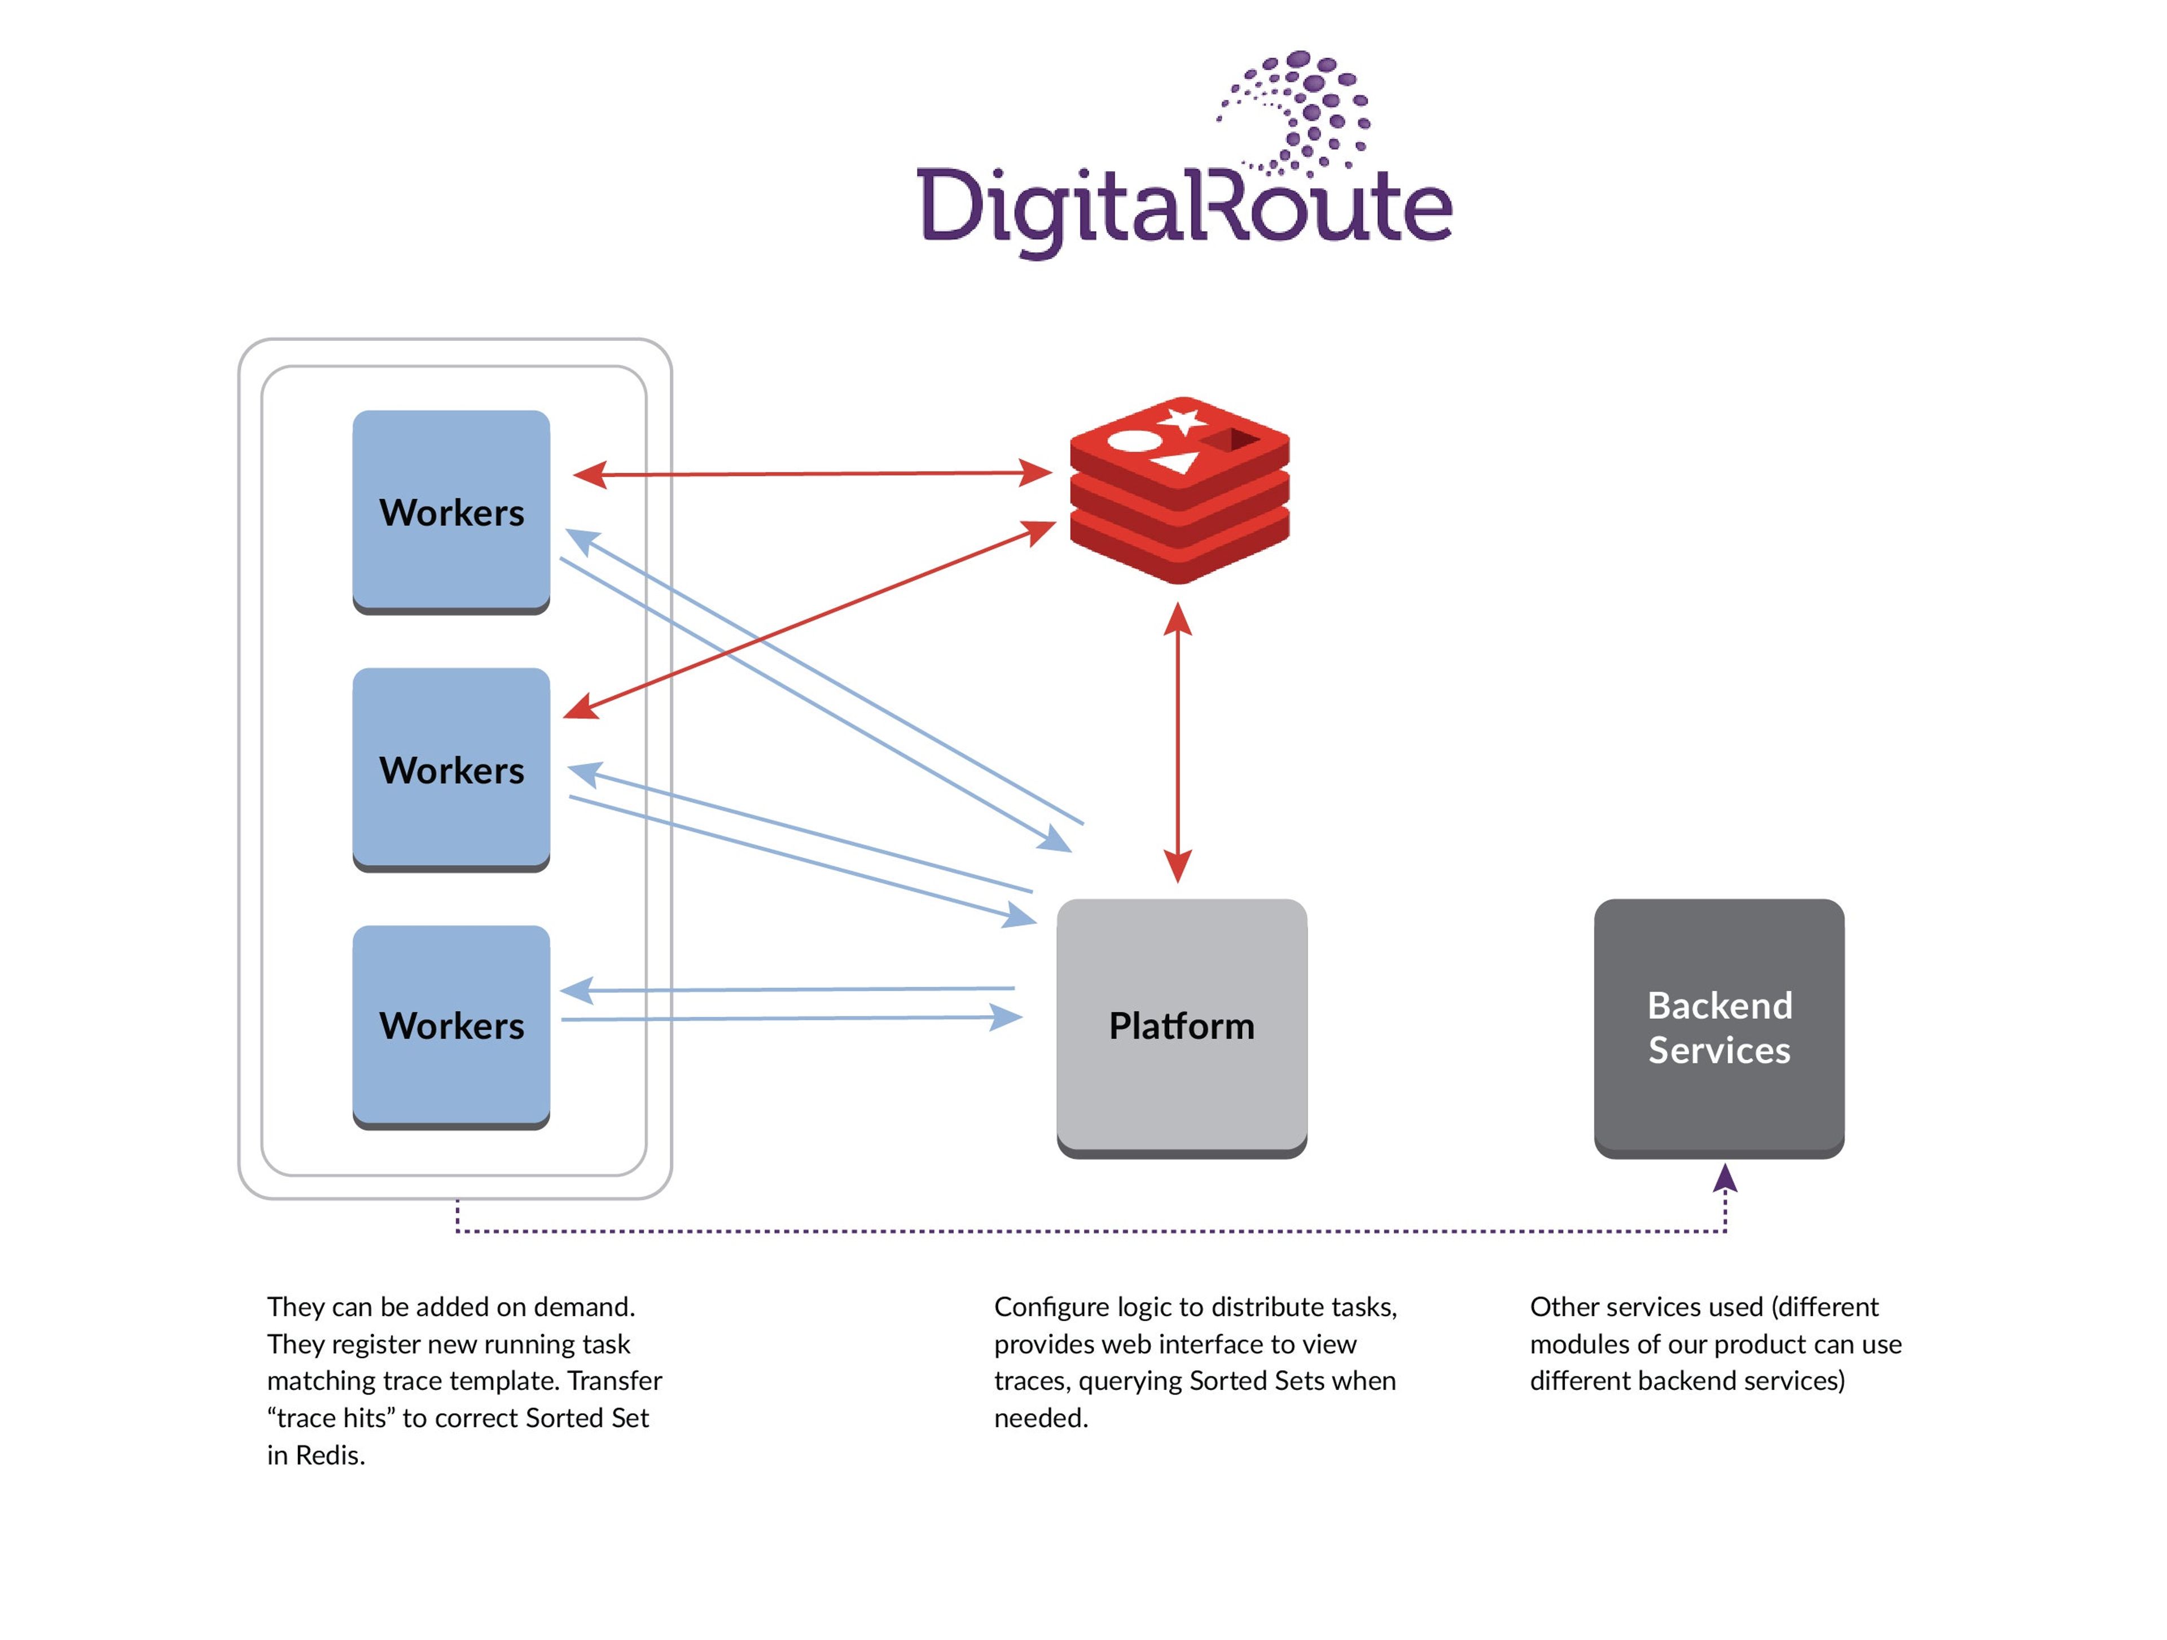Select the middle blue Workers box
(451, 769)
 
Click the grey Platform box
(1182, 1026)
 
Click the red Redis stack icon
(1179, 490)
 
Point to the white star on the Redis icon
(1183, 421)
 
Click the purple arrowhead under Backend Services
(1725, 1178)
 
